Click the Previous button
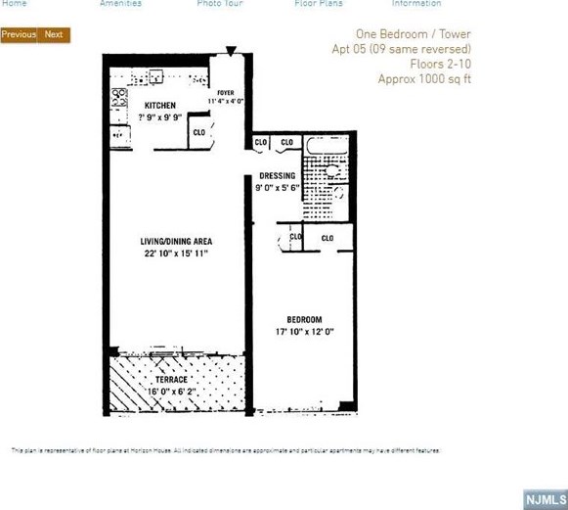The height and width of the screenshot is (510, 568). pyautogui.click(x=19, y=35)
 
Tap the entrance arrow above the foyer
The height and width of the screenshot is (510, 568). pyautogui.click(x=231, y=51)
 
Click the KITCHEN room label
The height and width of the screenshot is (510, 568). pyautogui.click(x=160, y=105)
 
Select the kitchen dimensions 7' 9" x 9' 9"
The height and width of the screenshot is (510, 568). pyautogui.click(x=159, y=116)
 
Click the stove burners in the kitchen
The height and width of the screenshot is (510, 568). pyautogui.click(x=119, y=97)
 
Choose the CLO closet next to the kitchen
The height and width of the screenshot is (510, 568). pyautogui.click(x=198, y=132)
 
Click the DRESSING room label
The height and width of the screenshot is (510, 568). pyautogui.click(x=277, y=176)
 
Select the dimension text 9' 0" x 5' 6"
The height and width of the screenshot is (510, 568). pyautogui.click(x=277, y=188)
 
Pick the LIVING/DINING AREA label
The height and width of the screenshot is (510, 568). pyautogui.click(x=176, y=241)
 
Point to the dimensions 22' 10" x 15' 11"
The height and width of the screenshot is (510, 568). pyautogui.click(x=176, y=254)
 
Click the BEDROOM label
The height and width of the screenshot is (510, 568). pyautogui.click(x=304, y=320)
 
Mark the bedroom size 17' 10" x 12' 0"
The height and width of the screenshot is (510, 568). pyautogui.click(x=304, y=333)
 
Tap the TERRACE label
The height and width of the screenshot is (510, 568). pyautogui.click(x=170, y=379)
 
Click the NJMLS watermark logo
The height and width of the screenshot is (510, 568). pyautogui.click(x=544, y=499)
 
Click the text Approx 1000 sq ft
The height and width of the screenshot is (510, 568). pyautogui.click(x=424, y=79)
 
